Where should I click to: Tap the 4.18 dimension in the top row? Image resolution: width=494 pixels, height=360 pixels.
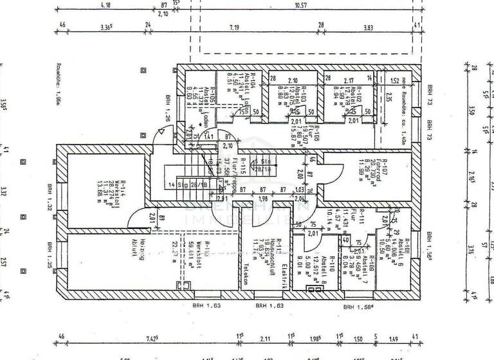[105, 5]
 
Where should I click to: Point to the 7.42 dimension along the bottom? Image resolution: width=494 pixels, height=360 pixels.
[152, 337]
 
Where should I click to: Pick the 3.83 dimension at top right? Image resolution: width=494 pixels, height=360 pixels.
[368, 28]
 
